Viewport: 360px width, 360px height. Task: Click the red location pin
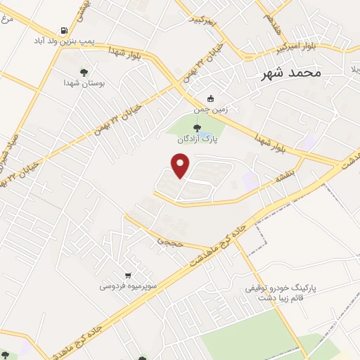pyautogui.click(x=181, y=165)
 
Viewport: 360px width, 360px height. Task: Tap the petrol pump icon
pyautogui.click(x=65, y=31)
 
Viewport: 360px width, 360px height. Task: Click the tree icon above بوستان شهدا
pyautogui.click(x=84, y=72)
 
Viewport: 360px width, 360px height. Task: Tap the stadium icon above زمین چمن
pyautogui.click(x=208, y=99)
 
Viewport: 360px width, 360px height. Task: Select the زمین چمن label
pyautogui.click(x=209, y=110)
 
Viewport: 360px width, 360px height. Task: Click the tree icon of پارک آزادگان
pyautogui.click(x=195, y=127)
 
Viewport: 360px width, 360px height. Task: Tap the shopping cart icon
pyautogui.click(x=127, y=275)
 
